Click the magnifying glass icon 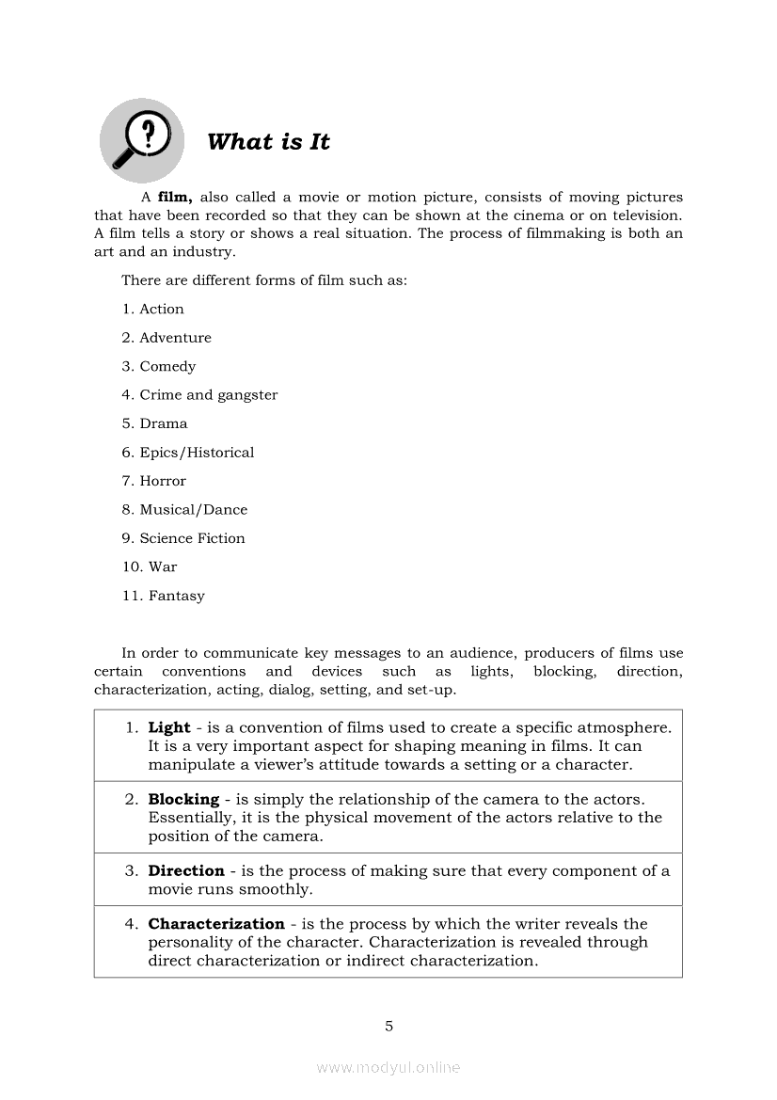[141, 141]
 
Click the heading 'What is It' [268, 142]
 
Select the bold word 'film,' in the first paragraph [175, 198]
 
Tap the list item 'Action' [161, 310]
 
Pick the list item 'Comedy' [167, 367]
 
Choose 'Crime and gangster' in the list [208, 395]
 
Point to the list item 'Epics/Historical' [197, 453]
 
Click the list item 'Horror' [163, 481]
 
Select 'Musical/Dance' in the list [193, 510]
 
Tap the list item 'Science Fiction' [192, 538]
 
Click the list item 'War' [162, 567]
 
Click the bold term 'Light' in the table [169, 728]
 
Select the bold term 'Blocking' [183, 800]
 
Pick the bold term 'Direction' [186, 871]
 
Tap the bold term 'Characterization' [216, 924]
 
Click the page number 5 [388, 1027]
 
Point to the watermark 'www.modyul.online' [388, 1068]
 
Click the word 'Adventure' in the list [175, 338]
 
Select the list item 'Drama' [164, 423]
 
